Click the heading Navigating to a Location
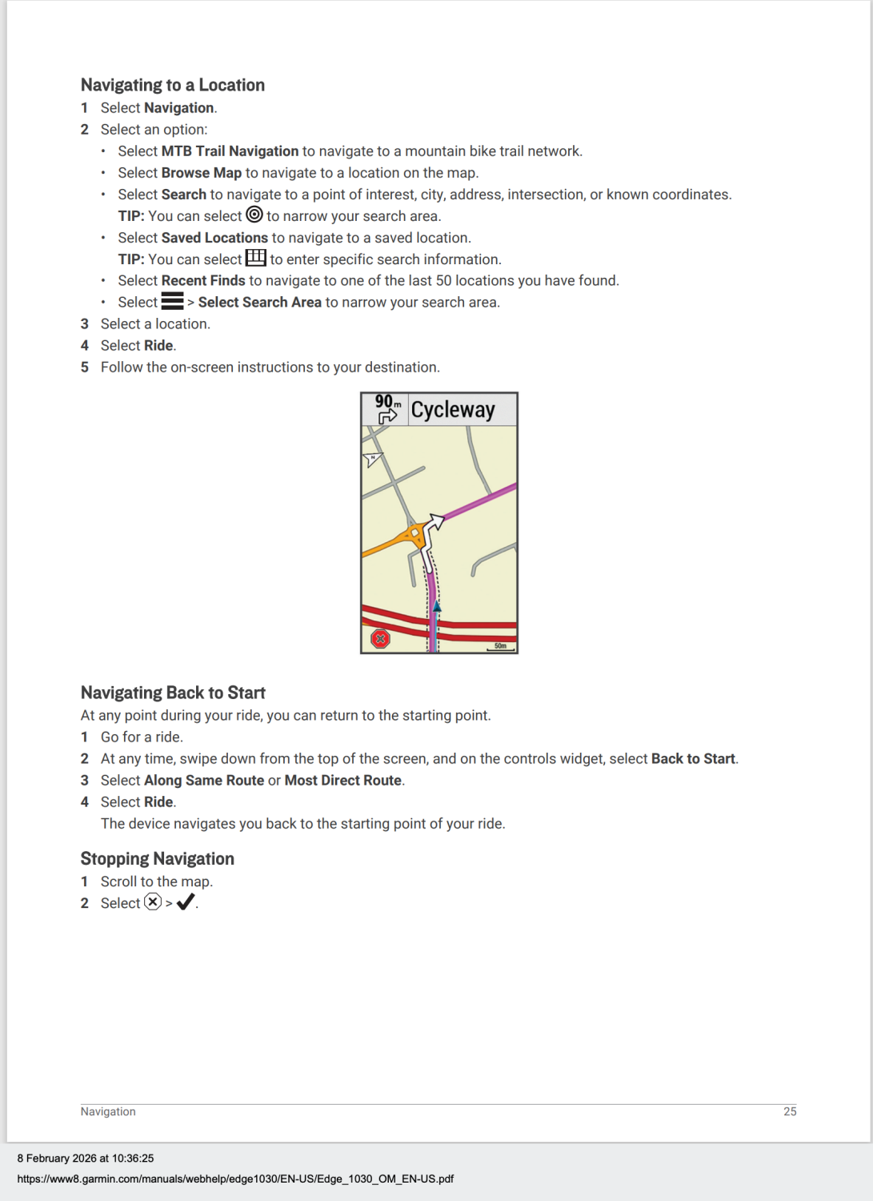(172, 85)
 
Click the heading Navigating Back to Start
(173, 693)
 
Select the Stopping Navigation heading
(157, 858)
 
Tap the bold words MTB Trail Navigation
(230, 151)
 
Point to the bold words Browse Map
(202, 173)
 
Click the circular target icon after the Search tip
(254, 215)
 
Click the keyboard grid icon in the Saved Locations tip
(256, 258)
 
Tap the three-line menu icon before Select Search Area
(172, 301)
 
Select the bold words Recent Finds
(203, 280)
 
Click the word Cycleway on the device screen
(453, 410)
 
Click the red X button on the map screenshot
(381, 638)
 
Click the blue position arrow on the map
(437, 608)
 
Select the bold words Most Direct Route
(343, 781)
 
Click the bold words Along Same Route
(204, 781)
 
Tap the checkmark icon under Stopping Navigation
(186, 902)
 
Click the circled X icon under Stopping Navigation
(153, 902)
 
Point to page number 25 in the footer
(790, 1111)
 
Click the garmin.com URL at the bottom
(235, 1179)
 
